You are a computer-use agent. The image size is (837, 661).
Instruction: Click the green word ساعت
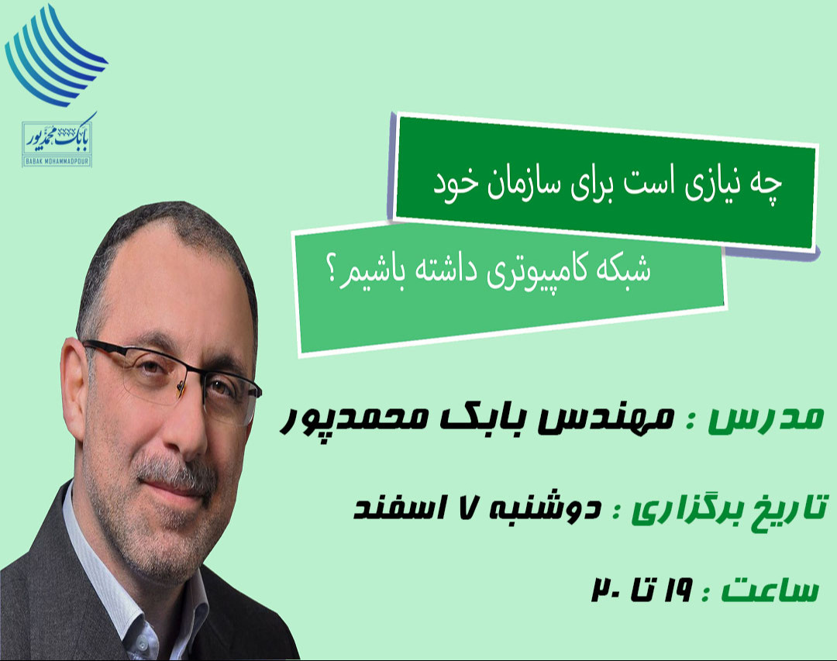click(767, 590)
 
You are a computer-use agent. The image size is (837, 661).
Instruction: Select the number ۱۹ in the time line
click(677, 590)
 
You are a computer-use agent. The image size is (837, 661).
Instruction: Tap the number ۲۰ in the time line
click(606, 590)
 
